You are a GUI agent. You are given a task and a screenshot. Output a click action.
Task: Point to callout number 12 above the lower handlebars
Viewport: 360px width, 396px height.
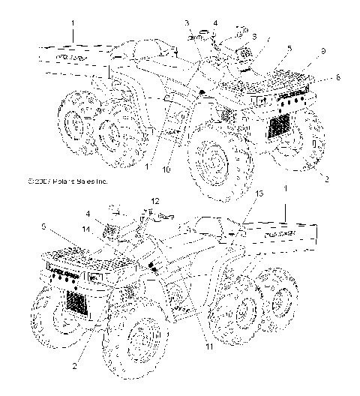click(154, 201)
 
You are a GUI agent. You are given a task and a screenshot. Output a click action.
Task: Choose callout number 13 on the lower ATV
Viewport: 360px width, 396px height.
click(240, 215)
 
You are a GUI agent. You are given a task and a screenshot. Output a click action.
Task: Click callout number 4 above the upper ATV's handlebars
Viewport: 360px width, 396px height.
click(214, 23)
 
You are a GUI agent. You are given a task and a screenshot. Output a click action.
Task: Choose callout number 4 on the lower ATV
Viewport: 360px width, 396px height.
click(87, 214)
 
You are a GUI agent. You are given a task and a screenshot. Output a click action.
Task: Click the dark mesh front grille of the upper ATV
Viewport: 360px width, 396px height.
click(282, 122)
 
